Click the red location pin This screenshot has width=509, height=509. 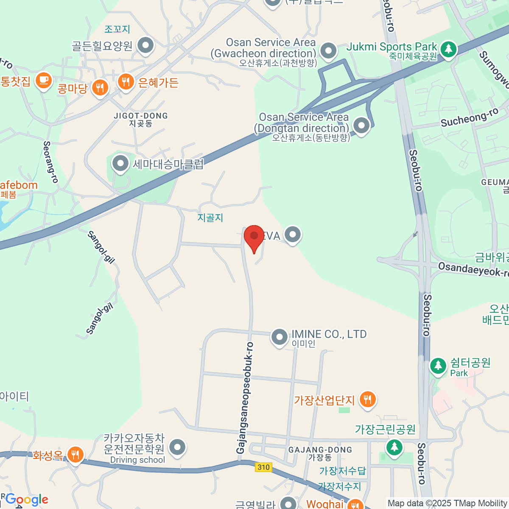pos(254,237)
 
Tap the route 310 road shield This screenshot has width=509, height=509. pos(263,467)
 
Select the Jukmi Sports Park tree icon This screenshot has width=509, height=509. pos(448,49)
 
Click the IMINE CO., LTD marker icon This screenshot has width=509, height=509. pos(279,337)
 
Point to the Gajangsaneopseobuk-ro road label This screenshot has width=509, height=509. pos(245,398)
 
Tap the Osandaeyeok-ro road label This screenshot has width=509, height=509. pos(473,269)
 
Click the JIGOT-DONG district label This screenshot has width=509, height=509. pos(141,116)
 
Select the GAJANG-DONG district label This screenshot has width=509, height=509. pos(320,450)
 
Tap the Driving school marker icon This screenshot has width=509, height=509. pos(177,447)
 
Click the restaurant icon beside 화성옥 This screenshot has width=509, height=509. pos(75,454)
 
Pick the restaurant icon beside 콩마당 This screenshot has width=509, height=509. pos(100,88)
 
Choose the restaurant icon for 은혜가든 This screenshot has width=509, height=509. pos(126,81)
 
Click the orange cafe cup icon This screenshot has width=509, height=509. pos(43,80)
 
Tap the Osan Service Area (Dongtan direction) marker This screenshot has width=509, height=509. pos(361,125)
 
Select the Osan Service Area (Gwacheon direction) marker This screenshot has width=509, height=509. pos(328,50)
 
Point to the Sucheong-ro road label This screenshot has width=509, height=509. pos(470,117)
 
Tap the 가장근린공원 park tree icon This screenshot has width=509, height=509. pos(394,447)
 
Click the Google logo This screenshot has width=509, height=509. pos(27,499)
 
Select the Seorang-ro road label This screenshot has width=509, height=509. pos(50,162)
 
